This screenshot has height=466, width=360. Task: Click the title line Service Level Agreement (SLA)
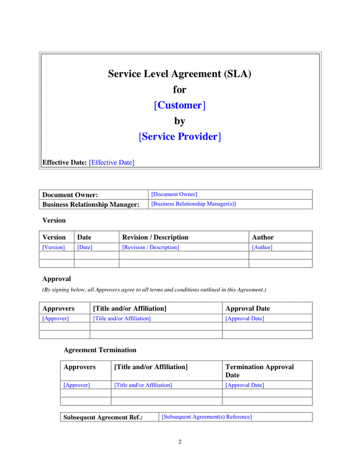(179, 74)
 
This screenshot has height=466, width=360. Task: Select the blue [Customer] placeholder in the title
(179, 105)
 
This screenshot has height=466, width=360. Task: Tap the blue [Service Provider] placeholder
(179, 137)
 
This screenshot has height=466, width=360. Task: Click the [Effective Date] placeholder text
(111, 163)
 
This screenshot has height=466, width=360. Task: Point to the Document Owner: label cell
(70, 195)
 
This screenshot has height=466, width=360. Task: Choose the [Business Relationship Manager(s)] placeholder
(193, 204)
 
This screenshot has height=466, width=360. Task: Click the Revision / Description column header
(155, 237)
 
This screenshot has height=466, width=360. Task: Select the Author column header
(263, 237)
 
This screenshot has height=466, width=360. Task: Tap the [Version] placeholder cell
(54, 247)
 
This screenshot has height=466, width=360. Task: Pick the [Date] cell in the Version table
(85, 247)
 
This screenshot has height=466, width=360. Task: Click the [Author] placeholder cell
(262, 247)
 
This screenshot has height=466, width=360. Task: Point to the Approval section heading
(56, 279)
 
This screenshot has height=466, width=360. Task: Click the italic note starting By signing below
(154, 289)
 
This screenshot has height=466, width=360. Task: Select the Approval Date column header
(248, 309)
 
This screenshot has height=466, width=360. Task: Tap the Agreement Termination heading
(100, 350)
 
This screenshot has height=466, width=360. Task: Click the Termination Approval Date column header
(260, 371)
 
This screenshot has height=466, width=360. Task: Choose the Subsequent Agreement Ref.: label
(103, 417)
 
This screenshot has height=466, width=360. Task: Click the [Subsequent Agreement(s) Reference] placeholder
(207, 417)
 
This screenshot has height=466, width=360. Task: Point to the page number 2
(180, 442)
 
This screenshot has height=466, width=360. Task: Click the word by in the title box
(179, 121)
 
